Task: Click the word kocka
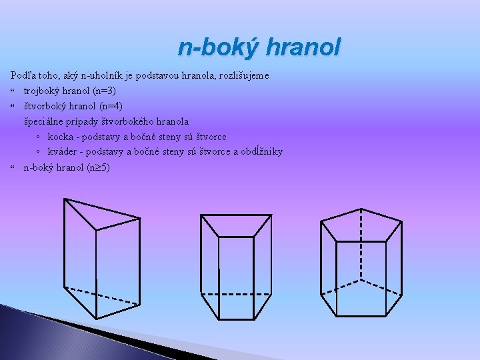[61, 137]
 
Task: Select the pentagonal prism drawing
[360, 263]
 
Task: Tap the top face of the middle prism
[236, 225]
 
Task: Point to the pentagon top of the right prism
[360, 227]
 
